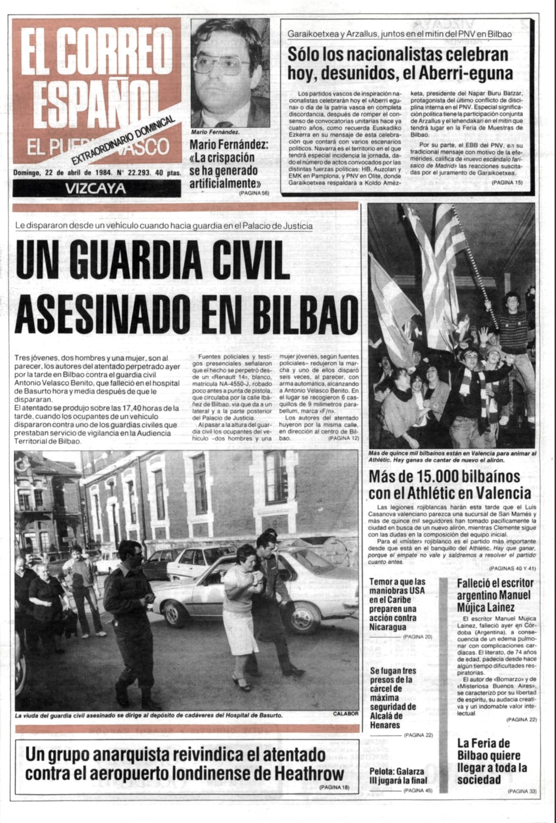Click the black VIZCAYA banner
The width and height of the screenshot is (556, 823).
click(96, 188)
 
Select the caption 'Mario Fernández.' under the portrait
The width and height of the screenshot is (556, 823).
click(215, 132)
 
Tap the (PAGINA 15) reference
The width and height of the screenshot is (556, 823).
click(507, 182)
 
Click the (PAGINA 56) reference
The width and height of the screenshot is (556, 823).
click(253, 193)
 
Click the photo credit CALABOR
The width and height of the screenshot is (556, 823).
click(345, 714)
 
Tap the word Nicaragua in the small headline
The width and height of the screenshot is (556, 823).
click(388, 627)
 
